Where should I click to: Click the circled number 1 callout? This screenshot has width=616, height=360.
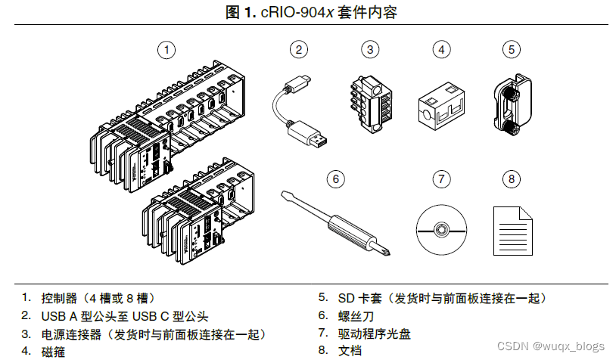pyautogui.click(x=166, y=50)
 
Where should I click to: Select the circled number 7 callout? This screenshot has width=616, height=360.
pyautogui.click(x=441, y=179)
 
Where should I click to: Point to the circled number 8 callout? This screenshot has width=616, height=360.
pyautogui.click(x=512, y=179)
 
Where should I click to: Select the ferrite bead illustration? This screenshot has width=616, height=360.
pyautogui.click(x=440, y=107)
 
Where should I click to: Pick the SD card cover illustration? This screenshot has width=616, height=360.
pyautogui.click(x=512, y=105)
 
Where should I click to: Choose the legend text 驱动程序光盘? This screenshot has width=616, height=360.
pyautogui.click(x=374, y=334)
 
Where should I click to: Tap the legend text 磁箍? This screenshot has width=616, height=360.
pyautogui.click(x=54, y=351)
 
